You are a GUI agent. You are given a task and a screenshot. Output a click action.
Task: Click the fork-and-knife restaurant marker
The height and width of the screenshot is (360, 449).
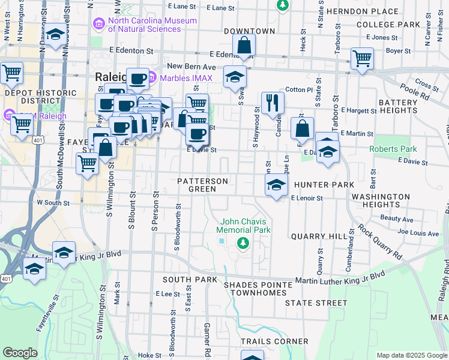tap(273, 103)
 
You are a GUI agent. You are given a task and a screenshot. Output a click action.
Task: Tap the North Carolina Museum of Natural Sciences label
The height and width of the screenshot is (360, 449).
tap(152, 25)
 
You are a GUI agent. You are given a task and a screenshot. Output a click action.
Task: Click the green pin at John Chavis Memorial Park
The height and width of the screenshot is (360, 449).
tap(243, 243)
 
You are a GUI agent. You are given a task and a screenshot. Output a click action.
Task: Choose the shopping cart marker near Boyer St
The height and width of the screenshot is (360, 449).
tap(362, 59)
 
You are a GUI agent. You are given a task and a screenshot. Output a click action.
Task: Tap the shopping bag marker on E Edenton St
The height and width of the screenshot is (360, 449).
tap(244, 45)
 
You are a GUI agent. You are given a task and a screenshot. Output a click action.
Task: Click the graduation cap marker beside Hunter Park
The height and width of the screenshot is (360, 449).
tap(276, 185)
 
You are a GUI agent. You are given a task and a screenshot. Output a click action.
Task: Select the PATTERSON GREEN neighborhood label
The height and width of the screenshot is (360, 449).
tap(202, 185)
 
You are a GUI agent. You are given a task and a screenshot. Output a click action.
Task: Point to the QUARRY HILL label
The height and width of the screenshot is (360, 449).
tap(315, 236)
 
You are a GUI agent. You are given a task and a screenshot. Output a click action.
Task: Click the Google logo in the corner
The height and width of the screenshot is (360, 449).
tap(20, 353)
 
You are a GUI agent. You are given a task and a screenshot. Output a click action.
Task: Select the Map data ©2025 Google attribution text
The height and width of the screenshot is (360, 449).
tap(412, 355)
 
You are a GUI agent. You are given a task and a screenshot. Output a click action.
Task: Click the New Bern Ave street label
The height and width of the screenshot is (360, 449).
tap(191, 66)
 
